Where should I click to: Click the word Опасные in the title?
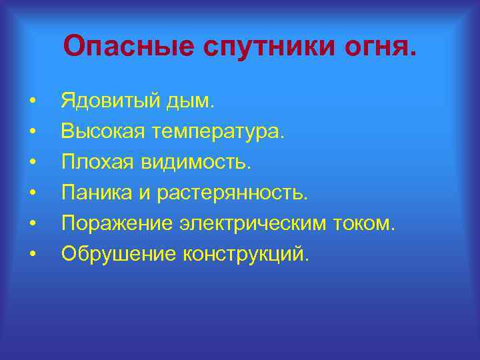(x=123, y=46)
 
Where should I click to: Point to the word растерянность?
(x=233, y=193)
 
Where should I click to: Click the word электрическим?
(x=250, y=223)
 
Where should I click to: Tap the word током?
(x=367, y=223)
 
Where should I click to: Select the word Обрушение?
(x=113, y=253)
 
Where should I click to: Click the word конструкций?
(x=240, y=254)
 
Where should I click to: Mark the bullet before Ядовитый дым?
(x=32, y=103)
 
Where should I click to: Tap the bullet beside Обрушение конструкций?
(x=32, y=254)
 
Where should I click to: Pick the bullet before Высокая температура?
(x=32, y=133)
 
